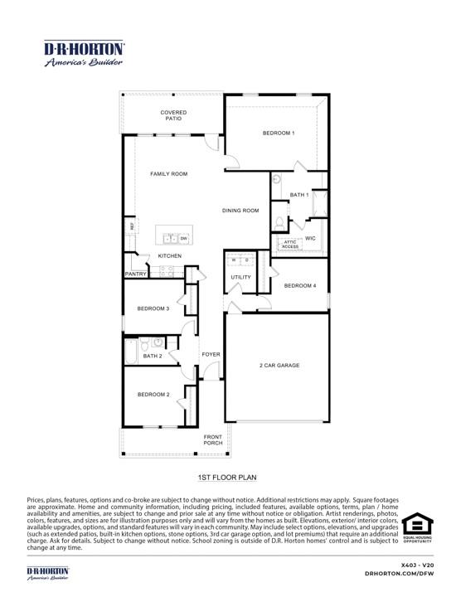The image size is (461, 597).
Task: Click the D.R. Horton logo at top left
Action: [83, 53]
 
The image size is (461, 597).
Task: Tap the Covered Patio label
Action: [173, 115]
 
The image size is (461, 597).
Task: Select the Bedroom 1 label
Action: [279, 133]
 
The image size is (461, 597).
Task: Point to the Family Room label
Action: [168, 174]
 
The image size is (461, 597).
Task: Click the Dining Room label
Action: [240, 211]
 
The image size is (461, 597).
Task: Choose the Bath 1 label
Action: [299, 195]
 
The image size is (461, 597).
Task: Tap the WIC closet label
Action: [311, 238]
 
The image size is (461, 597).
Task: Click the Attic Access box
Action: [289, 244]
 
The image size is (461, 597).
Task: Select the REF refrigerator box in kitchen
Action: [130, 226]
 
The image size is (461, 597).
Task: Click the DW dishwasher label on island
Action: [183, 239]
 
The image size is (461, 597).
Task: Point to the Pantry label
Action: [135, 274]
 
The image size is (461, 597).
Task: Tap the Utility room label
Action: [240, 278]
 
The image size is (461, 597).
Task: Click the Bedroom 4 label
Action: [299, 286]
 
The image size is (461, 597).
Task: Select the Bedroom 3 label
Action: [153, 308]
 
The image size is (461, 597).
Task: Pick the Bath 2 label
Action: [152, 356]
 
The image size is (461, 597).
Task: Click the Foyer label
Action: [211, 354]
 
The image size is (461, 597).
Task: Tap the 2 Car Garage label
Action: [279, 365]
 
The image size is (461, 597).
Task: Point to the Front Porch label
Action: [214, 439]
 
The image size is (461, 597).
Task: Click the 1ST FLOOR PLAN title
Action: [227, 478]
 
